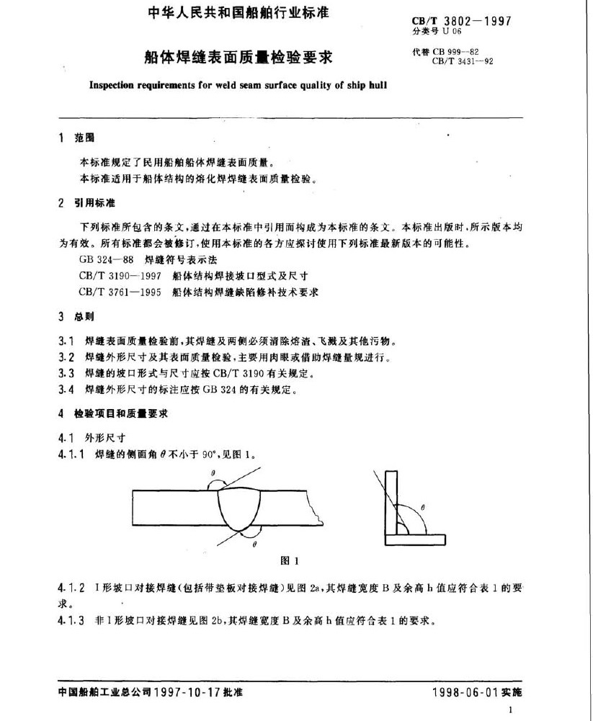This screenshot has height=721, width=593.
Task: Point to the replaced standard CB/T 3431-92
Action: coord(462,62)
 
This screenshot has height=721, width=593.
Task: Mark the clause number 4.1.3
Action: coord(71,619)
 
